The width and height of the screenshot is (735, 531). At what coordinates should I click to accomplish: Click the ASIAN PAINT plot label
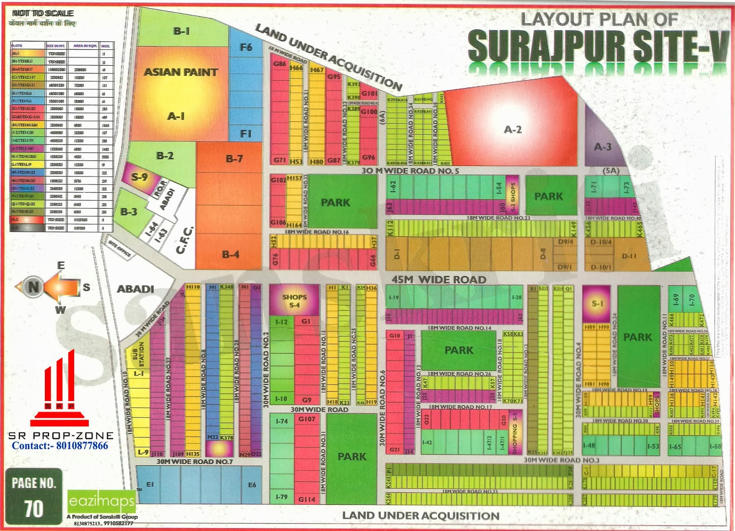point(181,72)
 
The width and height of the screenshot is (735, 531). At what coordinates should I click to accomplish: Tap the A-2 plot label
point(513,130)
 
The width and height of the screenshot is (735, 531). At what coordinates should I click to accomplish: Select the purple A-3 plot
point(603,147)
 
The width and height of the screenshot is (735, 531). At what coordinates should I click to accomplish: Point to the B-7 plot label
point(234,159)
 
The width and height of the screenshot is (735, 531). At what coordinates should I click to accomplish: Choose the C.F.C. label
point(186,240)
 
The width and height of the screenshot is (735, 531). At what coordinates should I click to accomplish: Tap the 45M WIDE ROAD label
point(439,280)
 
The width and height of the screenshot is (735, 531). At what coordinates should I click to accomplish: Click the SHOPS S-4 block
point(294,301)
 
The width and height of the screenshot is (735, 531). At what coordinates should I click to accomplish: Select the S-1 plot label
point(597,303)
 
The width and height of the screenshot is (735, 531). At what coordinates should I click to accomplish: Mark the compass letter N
point(33,287)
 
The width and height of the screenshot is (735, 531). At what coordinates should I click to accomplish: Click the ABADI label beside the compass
point(135,289)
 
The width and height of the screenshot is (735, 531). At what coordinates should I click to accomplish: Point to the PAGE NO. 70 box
point(34,497)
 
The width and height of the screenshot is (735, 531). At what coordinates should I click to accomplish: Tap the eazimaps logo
point(102,501)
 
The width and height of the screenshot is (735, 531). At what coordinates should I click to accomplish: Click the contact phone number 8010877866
point(60,445)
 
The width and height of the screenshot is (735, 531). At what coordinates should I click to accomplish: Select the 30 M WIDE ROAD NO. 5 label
point(410,171)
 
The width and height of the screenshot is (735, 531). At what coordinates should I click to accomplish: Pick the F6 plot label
point(246,47)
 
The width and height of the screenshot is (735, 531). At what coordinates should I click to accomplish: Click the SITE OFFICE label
point(119,248)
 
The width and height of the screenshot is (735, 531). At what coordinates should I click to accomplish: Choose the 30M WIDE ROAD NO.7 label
point(195,462)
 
